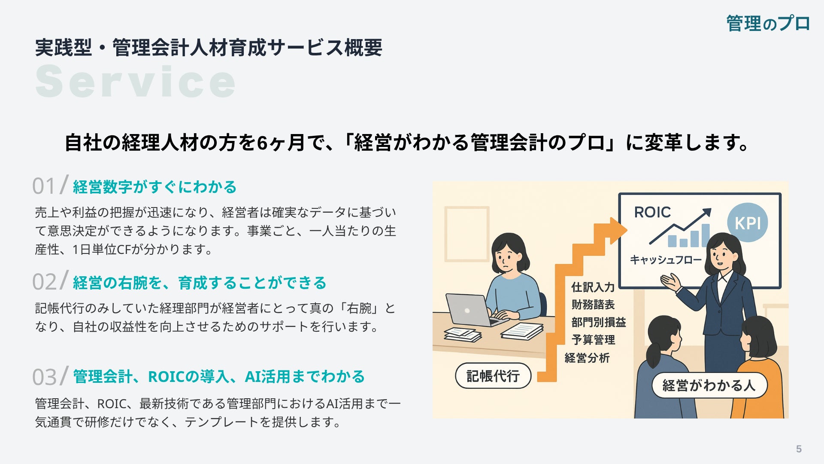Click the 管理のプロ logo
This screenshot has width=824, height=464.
[x=768, y=23]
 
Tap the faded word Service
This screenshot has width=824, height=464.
[x=136, y=81]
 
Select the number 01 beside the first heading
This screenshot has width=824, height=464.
[x=44, y=186]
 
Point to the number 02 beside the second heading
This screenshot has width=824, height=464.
[x=44, y=282]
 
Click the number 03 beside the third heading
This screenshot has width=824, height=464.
[x=44, y=377]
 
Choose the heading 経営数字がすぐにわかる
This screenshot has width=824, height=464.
[x=155, y=187]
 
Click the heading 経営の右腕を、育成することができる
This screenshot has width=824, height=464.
[x=200, y=283]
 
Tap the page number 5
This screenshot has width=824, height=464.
[x=799, y=449]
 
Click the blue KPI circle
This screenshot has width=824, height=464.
[x=748, y=222]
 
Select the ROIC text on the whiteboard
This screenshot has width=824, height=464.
[x=652, y=212]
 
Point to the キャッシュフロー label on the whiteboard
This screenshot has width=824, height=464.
[x=666, y=259]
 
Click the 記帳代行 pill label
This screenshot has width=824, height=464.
[x=493, y=376]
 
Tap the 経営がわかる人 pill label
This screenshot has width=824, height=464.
[x=709, y=385]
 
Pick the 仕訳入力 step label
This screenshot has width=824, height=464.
[x=593, y=287]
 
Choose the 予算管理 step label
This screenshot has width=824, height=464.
[x=593, y=340]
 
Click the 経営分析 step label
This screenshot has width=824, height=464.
[x=587, y=358]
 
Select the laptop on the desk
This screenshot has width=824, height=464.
[x=472, y=310]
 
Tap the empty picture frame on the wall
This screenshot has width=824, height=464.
[x=467, y=234]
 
